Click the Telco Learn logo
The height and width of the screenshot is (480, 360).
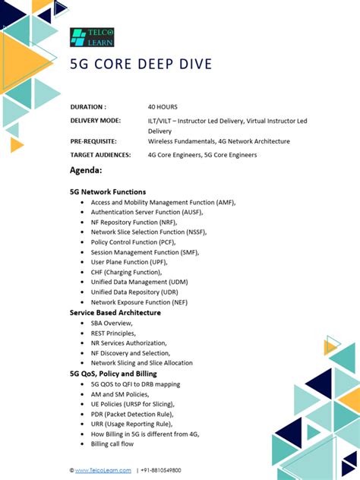(92, 37)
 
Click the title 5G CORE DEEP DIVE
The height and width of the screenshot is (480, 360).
(141, 64)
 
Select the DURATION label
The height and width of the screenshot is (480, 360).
(88, 107)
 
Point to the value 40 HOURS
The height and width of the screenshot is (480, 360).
(163, 107)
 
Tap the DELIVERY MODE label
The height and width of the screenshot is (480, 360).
(95, 121)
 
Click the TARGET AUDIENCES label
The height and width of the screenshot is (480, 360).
(100, 155)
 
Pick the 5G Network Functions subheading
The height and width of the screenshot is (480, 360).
(108, 192)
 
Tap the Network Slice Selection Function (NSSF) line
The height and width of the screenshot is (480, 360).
(149, 232)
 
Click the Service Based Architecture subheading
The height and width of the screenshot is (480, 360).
(115, 312)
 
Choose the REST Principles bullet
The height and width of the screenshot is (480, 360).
(113, 333)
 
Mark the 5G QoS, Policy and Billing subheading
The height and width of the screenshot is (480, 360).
(114, 374)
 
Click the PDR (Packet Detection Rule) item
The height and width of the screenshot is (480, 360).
(131, 414)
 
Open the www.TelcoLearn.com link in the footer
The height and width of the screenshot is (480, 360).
(103, 470)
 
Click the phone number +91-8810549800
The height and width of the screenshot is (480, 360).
(161, 470)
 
